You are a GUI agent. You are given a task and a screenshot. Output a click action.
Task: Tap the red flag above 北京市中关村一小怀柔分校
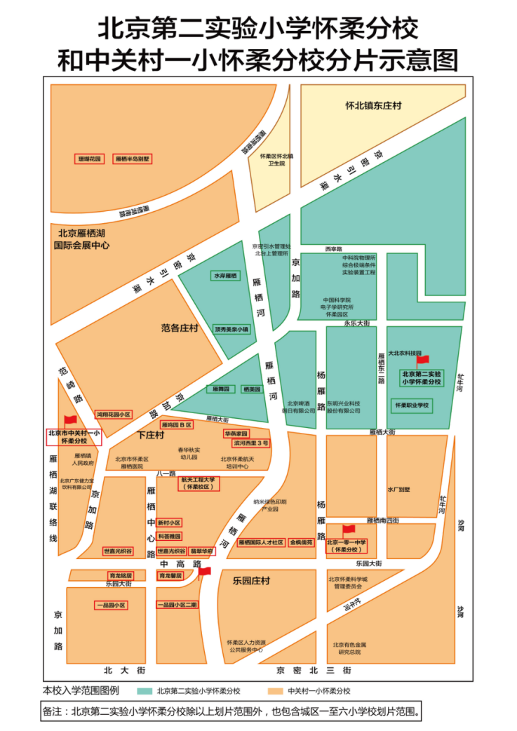point(71,420)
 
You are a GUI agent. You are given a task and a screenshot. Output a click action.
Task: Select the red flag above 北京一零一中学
point(349,530)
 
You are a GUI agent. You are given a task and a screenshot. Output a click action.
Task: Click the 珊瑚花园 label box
point(90,159)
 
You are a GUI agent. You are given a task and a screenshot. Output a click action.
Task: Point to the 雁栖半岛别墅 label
point(133,159)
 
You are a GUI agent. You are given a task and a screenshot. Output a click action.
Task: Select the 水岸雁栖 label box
point(226,276)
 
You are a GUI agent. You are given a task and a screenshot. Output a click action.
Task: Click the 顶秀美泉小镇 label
point(231,329)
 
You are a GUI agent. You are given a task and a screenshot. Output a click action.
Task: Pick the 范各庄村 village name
point(180,328)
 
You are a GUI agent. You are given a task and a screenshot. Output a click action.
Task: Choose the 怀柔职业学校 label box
point(412,405)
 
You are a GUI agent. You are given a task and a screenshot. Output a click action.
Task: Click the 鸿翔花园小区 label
point(114,415)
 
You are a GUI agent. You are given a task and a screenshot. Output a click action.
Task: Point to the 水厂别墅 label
point(398,490)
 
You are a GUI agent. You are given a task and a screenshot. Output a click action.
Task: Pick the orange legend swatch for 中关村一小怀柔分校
point(271,691)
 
